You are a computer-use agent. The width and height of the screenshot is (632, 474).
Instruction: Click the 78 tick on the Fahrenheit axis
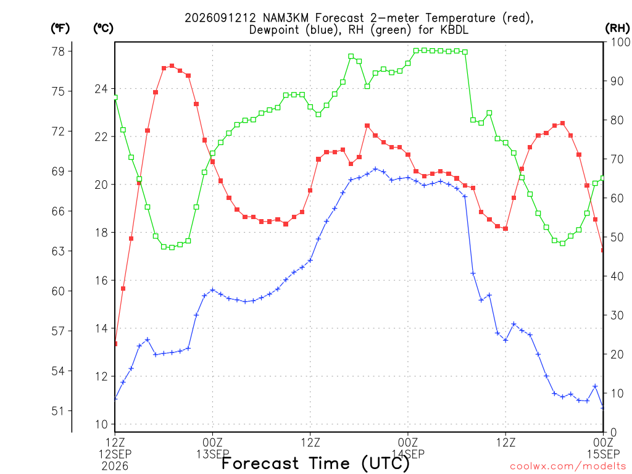coord(59,51)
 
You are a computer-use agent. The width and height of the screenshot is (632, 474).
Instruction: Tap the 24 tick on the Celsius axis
coord(101,89)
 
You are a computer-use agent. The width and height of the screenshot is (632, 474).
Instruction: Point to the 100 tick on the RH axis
coord(621,42)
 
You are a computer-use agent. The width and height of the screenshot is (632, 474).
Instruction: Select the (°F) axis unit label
coord(60,28)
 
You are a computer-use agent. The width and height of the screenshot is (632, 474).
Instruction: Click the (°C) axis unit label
coord(103,28)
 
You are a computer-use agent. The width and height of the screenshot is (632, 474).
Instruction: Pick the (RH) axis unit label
coord(617,28)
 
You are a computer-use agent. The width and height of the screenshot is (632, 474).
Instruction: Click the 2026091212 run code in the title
coord(220,18)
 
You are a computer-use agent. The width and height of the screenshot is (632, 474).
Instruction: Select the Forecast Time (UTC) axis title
coord(315,463)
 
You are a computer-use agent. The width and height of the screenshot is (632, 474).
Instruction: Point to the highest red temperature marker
coord(172,65)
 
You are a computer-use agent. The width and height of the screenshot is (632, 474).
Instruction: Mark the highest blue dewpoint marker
coord(375,169)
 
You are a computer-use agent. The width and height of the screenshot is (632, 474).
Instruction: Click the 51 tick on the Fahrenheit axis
coord(59,410)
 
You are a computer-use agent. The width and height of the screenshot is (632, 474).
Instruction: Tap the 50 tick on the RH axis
coord(617,237)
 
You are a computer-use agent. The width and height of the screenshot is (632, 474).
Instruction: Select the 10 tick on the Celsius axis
coord(101,424)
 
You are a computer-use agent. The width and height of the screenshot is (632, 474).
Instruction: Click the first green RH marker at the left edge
coord(115,98)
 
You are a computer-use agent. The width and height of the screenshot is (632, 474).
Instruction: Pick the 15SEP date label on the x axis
coord(604,454)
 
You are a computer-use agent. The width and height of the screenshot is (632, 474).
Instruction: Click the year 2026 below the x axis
coord(115,467)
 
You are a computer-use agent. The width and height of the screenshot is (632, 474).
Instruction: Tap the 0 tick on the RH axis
coord(613,433)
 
